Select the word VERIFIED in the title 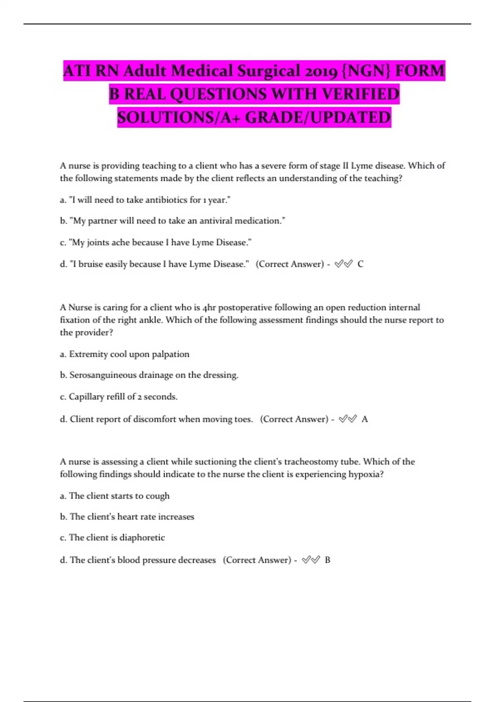pyautogui.click(x=361, y=94)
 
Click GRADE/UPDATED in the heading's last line pyautogui.click(x=318, y=118)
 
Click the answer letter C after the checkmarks pyautogui.click(x=361, y=264)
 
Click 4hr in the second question pyautogui.click(x=209, y=308)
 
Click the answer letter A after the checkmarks pyautogui.click(x=365, y=420)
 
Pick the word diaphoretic pyautogui.click(x=142, y=538)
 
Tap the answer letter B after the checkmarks pyautogui.click(x=328, y=560)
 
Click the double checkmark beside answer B pyautogui.click(x=311, y=560)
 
